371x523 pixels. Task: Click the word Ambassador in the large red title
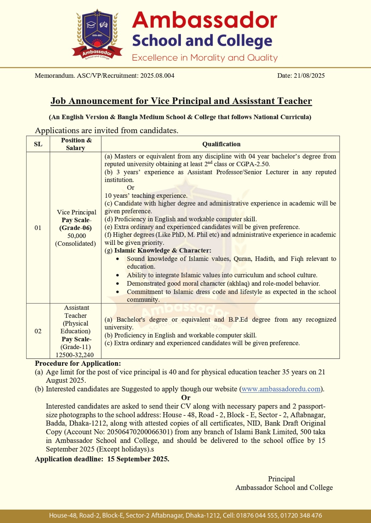204,20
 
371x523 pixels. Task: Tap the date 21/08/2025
309,76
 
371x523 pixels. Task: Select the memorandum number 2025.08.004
157,76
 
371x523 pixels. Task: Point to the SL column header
38,144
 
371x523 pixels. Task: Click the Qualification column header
221,144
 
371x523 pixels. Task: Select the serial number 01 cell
38,228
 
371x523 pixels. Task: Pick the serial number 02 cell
38,331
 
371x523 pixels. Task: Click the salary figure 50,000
77,236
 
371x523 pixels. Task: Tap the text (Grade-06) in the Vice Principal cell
75,228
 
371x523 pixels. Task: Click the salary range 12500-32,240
75,355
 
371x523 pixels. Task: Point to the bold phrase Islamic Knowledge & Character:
163,251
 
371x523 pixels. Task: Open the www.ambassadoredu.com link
281,389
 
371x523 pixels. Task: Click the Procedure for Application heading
78,363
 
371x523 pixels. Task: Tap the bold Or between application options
186,397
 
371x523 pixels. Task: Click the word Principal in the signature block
281,479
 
